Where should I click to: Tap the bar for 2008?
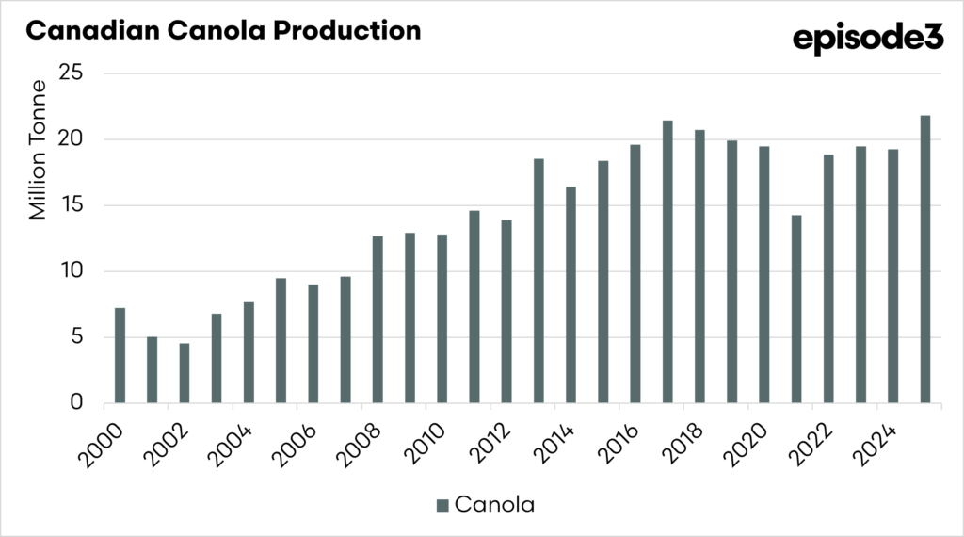point(378,319)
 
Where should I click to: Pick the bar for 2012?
point(506,311)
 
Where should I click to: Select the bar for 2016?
point(635,273)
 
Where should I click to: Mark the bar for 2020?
point(763,274)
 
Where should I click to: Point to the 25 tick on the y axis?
point(72,73)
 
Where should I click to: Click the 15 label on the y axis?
point(72,205)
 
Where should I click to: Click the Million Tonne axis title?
point(38,151)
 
